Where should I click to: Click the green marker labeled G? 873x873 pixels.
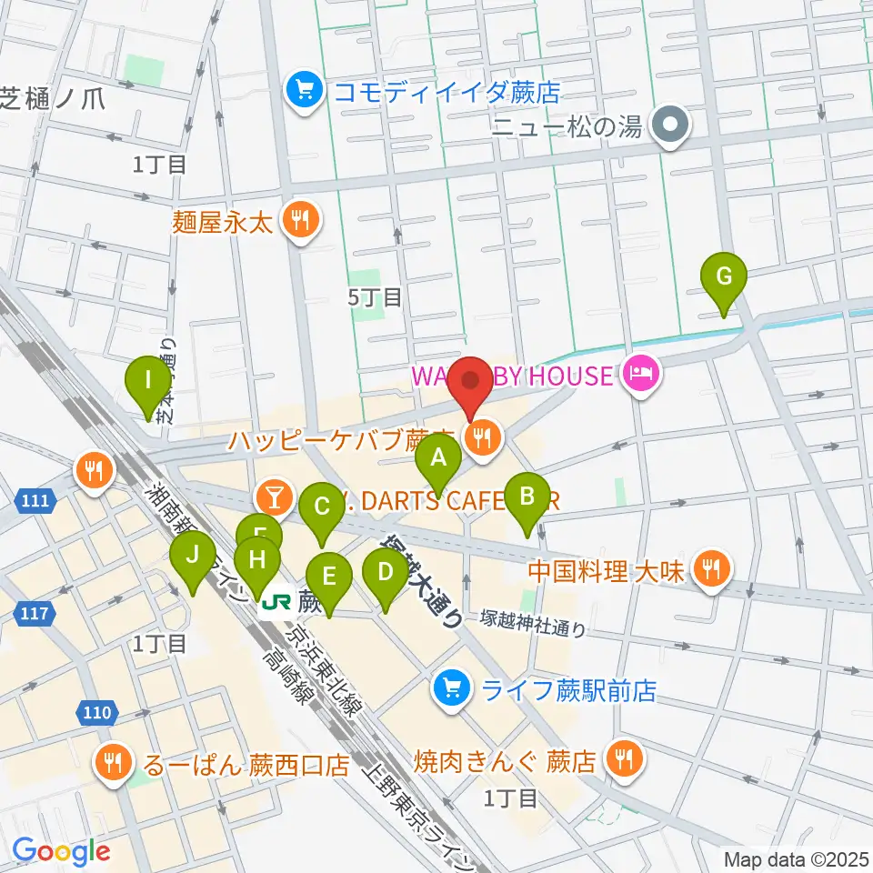tap(724, 276)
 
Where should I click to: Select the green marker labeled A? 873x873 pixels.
tap(438, 458)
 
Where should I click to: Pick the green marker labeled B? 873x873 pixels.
tap(527, 497)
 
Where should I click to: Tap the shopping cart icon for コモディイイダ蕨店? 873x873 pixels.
tap(300, 90)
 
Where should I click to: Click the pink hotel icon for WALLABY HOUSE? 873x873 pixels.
tap(641, 376)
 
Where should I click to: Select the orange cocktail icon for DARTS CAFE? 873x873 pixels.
tap(273, 497)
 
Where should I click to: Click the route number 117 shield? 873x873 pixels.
tap(34, 615)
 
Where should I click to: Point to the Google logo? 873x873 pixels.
tap(61, 851)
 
